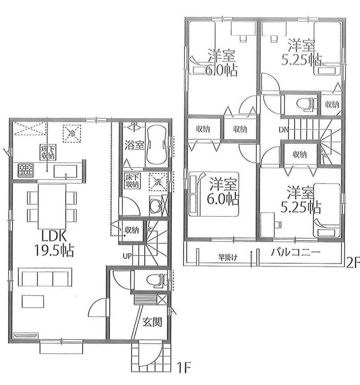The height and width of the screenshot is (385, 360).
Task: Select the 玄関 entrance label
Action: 151,322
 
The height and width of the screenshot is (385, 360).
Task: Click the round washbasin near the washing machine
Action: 156,206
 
